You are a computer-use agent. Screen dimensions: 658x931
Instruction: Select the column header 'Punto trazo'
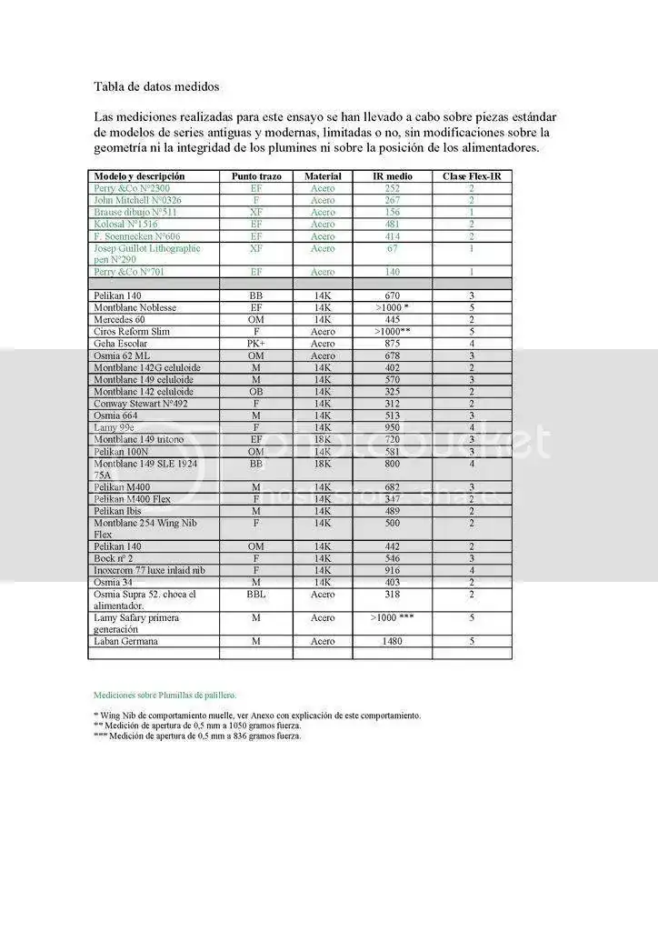click(256, 175)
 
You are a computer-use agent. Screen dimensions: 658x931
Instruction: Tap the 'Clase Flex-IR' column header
click(472, 175)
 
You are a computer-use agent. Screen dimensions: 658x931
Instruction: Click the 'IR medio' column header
click(393, 175)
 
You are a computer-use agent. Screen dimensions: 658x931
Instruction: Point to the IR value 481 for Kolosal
click(393, 224)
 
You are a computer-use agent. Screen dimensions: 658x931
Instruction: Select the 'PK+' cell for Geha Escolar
click(256, 344)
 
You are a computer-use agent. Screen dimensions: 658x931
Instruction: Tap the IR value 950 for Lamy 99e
click(393, 427)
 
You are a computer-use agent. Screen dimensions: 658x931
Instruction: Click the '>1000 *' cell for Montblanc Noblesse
click(393, 308)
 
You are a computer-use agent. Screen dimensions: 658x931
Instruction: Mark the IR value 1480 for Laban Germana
click(393, 641)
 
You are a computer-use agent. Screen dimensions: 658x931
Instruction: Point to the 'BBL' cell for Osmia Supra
click(256, 595)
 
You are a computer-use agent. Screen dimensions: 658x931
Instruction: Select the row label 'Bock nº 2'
click(115, 558)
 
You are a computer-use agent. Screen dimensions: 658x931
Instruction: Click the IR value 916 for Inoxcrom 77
click(393, 570)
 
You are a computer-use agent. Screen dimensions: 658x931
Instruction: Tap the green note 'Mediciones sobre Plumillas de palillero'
click(164, 696)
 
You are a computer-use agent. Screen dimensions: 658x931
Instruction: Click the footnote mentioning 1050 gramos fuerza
click(197, 726)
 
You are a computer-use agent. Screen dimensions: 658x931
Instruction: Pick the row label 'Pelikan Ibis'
click(120, 511)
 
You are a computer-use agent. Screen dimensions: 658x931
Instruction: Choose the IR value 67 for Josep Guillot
click(393, 248)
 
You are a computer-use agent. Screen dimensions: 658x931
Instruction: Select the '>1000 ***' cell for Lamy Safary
click(393, 618)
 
